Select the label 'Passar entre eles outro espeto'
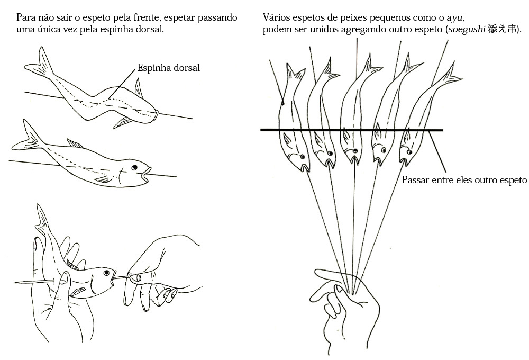click(464, 180)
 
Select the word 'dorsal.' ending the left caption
click(149, 29)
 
